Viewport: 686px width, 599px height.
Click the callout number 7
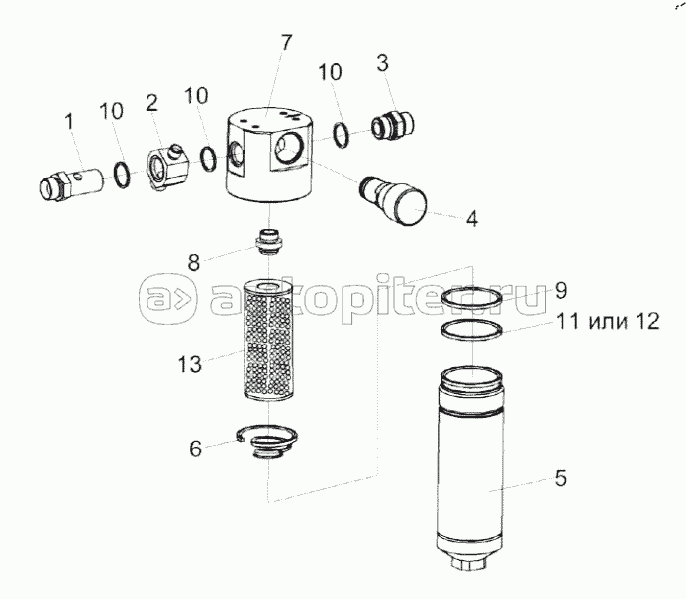[285, 43]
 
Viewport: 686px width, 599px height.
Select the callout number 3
[382, 63]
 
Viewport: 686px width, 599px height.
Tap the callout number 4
[471, 218]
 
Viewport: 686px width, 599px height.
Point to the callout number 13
[189, 364]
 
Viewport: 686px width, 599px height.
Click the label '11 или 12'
[608, 321]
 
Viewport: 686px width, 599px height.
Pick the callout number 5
[561, 478]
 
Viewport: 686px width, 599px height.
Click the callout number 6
[195, 449]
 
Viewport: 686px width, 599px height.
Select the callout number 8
[194, 263]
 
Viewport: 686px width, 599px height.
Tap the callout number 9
[561, 290]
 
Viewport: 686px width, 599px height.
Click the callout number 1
[70, 121]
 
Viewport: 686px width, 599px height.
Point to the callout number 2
[151, 103]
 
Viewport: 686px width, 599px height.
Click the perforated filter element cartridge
[267, 342]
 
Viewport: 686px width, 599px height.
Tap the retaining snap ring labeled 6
[266, 441]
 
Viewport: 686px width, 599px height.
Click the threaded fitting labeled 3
[392, 125]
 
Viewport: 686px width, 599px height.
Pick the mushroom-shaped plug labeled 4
[393, 201]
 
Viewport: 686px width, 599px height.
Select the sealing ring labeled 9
[471, 299]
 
